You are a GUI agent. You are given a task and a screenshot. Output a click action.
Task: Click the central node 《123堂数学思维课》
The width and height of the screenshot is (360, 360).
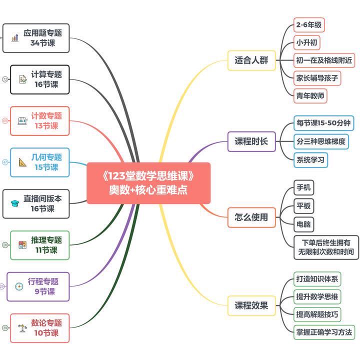point(148,183)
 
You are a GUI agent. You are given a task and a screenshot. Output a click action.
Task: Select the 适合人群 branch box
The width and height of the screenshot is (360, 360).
point(251,60)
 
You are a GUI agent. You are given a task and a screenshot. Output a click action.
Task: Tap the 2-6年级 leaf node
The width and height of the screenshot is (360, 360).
point(308,24)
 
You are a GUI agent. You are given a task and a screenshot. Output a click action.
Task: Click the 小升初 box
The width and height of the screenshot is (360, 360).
point(306,42)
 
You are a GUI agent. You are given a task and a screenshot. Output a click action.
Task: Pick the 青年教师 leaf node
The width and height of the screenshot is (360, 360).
point(310,95)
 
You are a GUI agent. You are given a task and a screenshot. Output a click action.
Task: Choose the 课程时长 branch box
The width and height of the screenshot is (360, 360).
point(251,141)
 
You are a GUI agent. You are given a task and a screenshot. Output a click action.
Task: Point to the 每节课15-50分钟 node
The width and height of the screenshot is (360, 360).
point(323,123)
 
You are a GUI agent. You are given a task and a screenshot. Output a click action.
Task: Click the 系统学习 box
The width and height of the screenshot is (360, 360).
point(310,160)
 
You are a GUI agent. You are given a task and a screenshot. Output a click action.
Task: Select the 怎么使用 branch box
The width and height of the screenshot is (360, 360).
point(251,217)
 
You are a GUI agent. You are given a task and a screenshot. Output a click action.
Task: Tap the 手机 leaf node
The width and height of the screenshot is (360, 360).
point(303,188)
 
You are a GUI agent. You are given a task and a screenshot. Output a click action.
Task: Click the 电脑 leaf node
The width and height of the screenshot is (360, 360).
point(303,223)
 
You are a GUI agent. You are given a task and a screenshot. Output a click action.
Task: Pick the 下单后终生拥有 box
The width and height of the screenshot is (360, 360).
point(326,247)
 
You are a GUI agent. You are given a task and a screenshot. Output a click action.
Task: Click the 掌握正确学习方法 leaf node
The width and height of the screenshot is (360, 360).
point(324,331)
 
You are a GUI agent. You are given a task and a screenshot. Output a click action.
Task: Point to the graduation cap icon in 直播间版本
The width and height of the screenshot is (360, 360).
point(14,203)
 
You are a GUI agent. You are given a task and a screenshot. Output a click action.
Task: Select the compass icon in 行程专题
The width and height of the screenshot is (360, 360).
point(19,286)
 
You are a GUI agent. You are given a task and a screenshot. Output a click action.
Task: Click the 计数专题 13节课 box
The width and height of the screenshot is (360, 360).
point(40,121)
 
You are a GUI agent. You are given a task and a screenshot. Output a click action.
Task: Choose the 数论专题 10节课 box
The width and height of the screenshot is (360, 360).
point(39,328)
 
